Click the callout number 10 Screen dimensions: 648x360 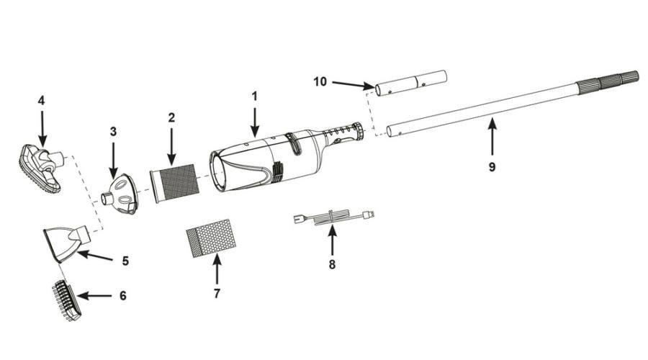(320, 82)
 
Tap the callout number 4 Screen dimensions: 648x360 (41, 100)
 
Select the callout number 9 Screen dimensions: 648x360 (492, 167)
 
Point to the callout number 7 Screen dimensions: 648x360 (217, 294)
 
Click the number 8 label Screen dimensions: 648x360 (332, 264)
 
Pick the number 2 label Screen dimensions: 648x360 (171, 118)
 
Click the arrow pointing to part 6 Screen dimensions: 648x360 (94, 296)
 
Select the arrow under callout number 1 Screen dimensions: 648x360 (255, 122)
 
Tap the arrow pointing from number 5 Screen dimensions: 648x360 (94, 256)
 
